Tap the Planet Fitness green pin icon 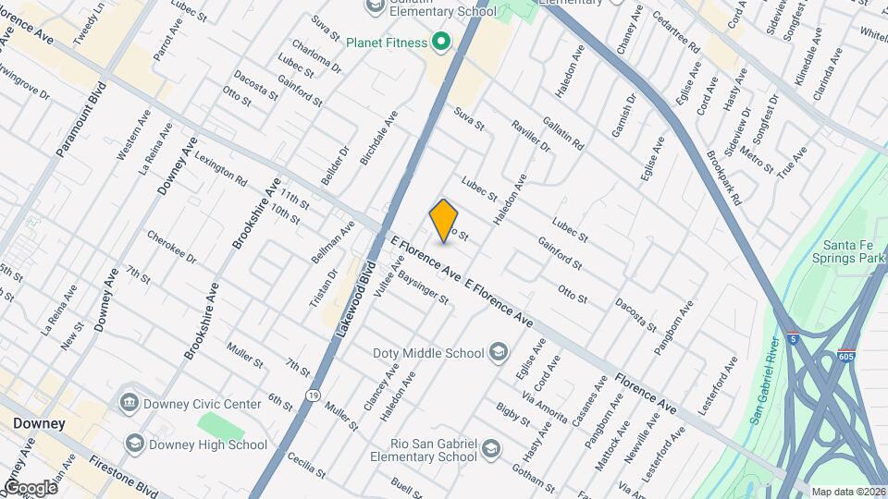coord(441,43)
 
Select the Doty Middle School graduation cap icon coord(499,352)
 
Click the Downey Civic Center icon coord(129,403)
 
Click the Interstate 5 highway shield coord(794,339)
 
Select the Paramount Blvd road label coord(82,117)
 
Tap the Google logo coord(31,487)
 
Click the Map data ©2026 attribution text coord(848,492)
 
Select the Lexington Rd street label coord(221,168)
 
